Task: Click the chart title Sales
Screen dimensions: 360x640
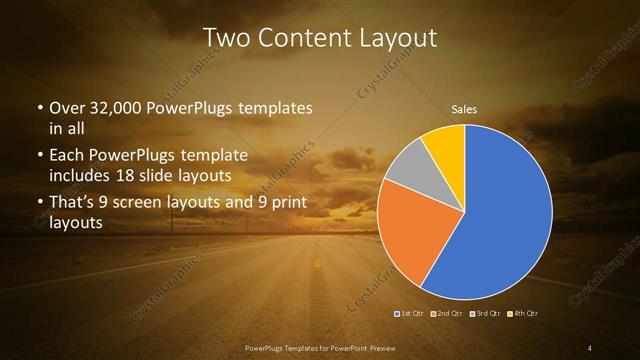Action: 464,107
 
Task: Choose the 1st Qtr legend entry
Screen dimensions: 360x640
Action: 411,314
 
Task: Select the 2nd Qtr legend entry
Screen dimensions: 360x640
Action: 447,314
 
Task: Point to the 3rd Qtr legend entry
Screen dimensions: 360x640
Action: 484,314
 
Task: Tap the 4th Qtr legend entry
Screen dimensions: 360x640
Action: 522,314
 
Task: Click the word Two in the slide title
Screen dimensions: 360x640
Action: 226,39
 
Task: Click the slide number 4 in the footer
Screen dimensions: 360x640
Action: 590,347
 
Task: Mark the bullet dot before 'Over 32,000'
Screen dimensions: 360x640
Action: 39,108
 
